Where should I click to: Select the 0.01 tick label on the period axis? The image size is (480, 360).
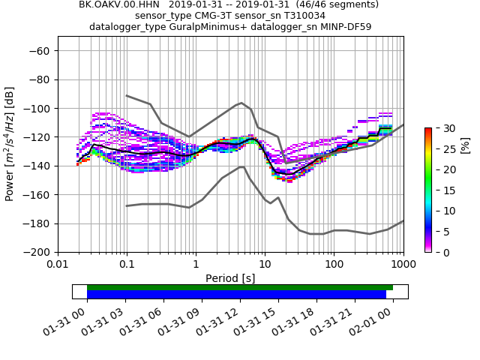[58, 265]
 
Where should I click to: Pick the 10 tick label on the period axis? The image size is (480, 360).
[265, 265]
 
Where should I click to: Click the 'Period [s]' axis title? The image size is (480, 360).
[230, 278]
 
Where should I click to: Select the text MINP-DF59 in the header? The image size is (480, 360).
[346, 27]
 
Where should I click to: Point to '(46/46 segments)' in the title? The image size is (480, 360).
[339, 4]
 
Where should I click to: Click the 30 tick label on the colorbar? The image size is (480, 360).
[442, 128]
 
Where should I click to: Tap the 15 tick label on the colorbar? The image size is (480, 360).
[442, 190]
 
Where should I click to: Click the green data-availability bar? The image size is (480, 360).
[240, 287]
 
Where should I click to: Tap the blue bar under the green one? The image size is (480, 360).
[236, 295]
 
